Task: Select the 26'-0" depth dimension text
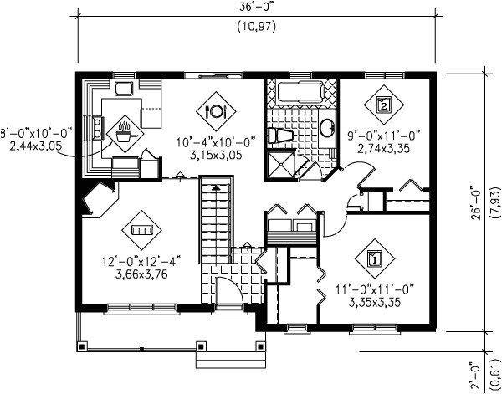(x=474, y=201)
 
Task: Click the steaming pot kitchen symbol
(x=124, y=130)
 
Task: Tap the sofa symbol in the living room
(x=140, y=228)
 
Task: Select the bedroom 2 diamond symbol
(x=383, y=105)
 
